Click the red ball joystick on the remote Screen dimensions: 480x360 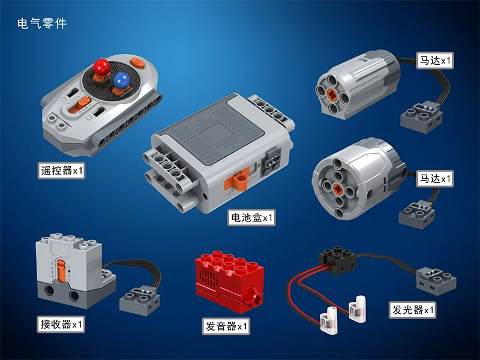(x=101, y=67)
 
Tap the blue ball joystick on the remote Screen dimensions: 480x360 (x=122, y=80)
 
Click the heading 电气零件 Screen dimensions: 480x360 (x=42, y=23)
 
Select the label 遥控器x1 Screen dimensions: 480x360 (x=62, y=170)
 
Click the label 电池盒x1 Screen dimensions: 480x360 (x=251, y=218)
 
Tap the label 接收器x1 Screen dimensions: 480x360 (x=61, y=324)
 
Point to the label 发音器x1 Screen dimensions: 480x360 (x=226, y=326)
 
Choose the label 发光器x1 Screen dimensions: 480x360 (x=413, y=310)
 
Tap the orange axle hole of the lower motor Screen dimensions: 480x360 (x=338, y=188)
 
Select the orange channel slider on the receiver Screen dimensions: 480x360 (x=61, y=270)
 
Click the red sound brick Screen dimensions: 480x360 (x=229, y=281)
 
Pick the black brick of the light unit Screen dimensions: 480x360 (x=338, y=260)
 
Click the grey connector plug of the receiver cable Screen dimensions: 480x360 (x=140, y=301)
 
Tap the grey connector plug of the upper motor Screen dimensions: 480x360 (x=421, y=118)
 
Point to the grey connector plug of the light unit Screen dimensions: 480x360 (x=436, y=280)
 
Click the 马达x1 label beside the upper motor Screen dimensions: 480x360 (x=434, y=61)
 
